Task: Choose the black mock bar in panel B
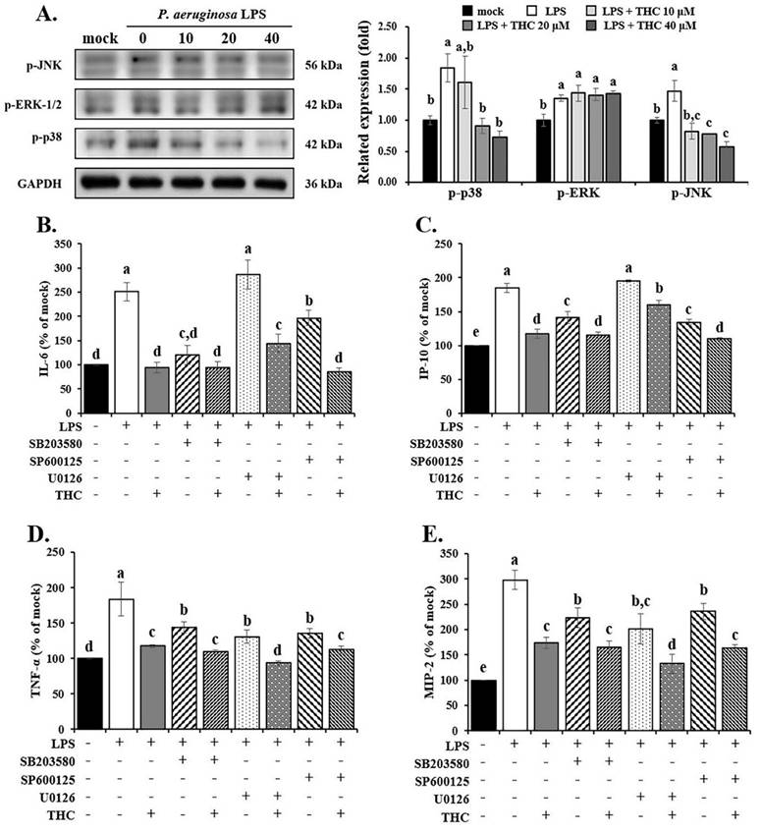click(x=97, y=377)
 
